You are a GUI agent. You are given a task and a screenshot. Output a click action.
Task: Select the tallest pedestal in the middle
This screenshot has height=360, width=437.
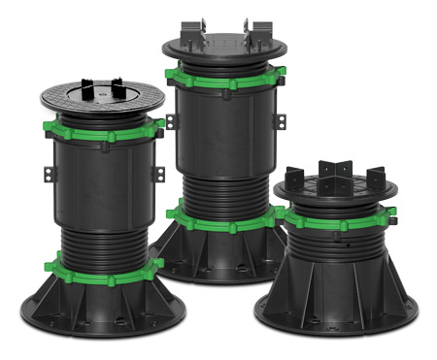[x=228, y=155]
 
